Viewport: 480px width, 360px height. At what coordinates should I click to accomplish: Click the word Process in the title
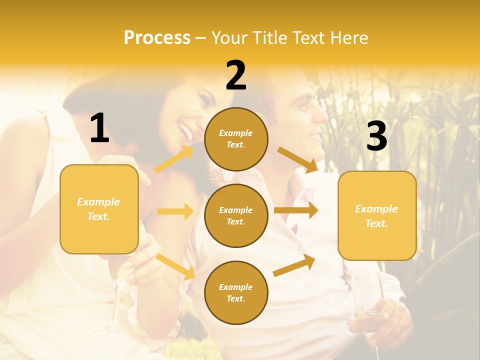[x=157, y=38]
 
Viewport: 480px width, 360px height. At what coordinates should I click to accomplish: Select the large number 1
[x=99, y=128]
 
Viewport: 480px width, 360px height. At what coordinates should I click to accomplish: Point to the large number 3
[x=376, y=136]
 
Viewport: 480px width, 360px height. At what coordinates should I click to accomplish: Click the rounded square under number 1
[x=99, y=209]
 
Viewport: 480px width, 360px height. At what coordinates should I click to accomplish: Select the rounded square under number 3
[x=377, y=216]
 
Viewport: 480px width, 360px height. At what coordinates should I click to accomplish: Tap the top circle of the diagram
[x=236, y=139]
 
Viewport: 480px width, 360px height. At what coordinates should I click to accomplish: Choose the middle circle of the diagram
[x=236, y=215]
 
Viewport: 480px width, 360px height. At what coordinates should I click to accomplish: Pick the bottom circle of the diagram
[x=236, y=292]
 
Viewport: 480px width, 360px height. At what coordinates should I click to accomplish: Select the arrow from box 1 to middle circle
[x=175, y=211]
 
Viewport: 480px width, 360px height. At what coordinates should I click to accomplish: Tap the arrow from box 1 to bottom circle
[x=175, y=267]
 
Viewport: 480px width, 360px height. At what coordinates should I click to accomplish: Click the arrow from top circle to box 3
[x=297, y=159]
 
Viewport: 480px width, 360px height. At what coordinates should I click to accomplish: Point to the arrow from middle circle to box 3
[x=296, y=210]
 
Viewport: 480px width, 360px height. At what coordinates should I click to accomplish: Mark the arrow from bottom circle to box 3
[x=294, y=265]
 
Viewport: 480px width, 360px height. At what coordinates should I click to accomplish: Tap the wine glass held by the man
[x=367, y=295]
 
